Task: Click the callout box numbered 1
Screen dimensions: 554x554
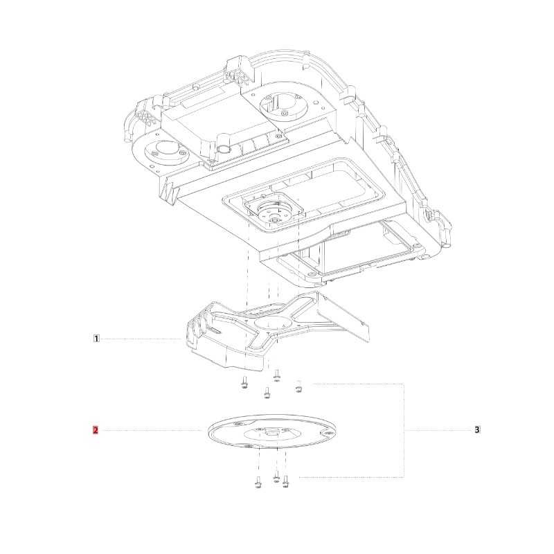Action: pyautogui.click(x=96, y=339)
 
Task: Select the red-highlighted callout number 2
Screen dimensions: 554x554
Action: pyautogui.click(x=96, y=430)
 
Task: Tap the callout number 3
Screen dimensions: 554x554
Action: pyautogui.click(x=477, y=429)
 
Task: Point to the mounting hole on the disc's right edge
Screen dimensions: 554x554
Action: pyautogui.click(x=328, y=433)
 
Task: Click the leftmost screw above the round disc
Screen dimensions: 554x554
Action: pyautogui.click(x=244, y=382)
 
